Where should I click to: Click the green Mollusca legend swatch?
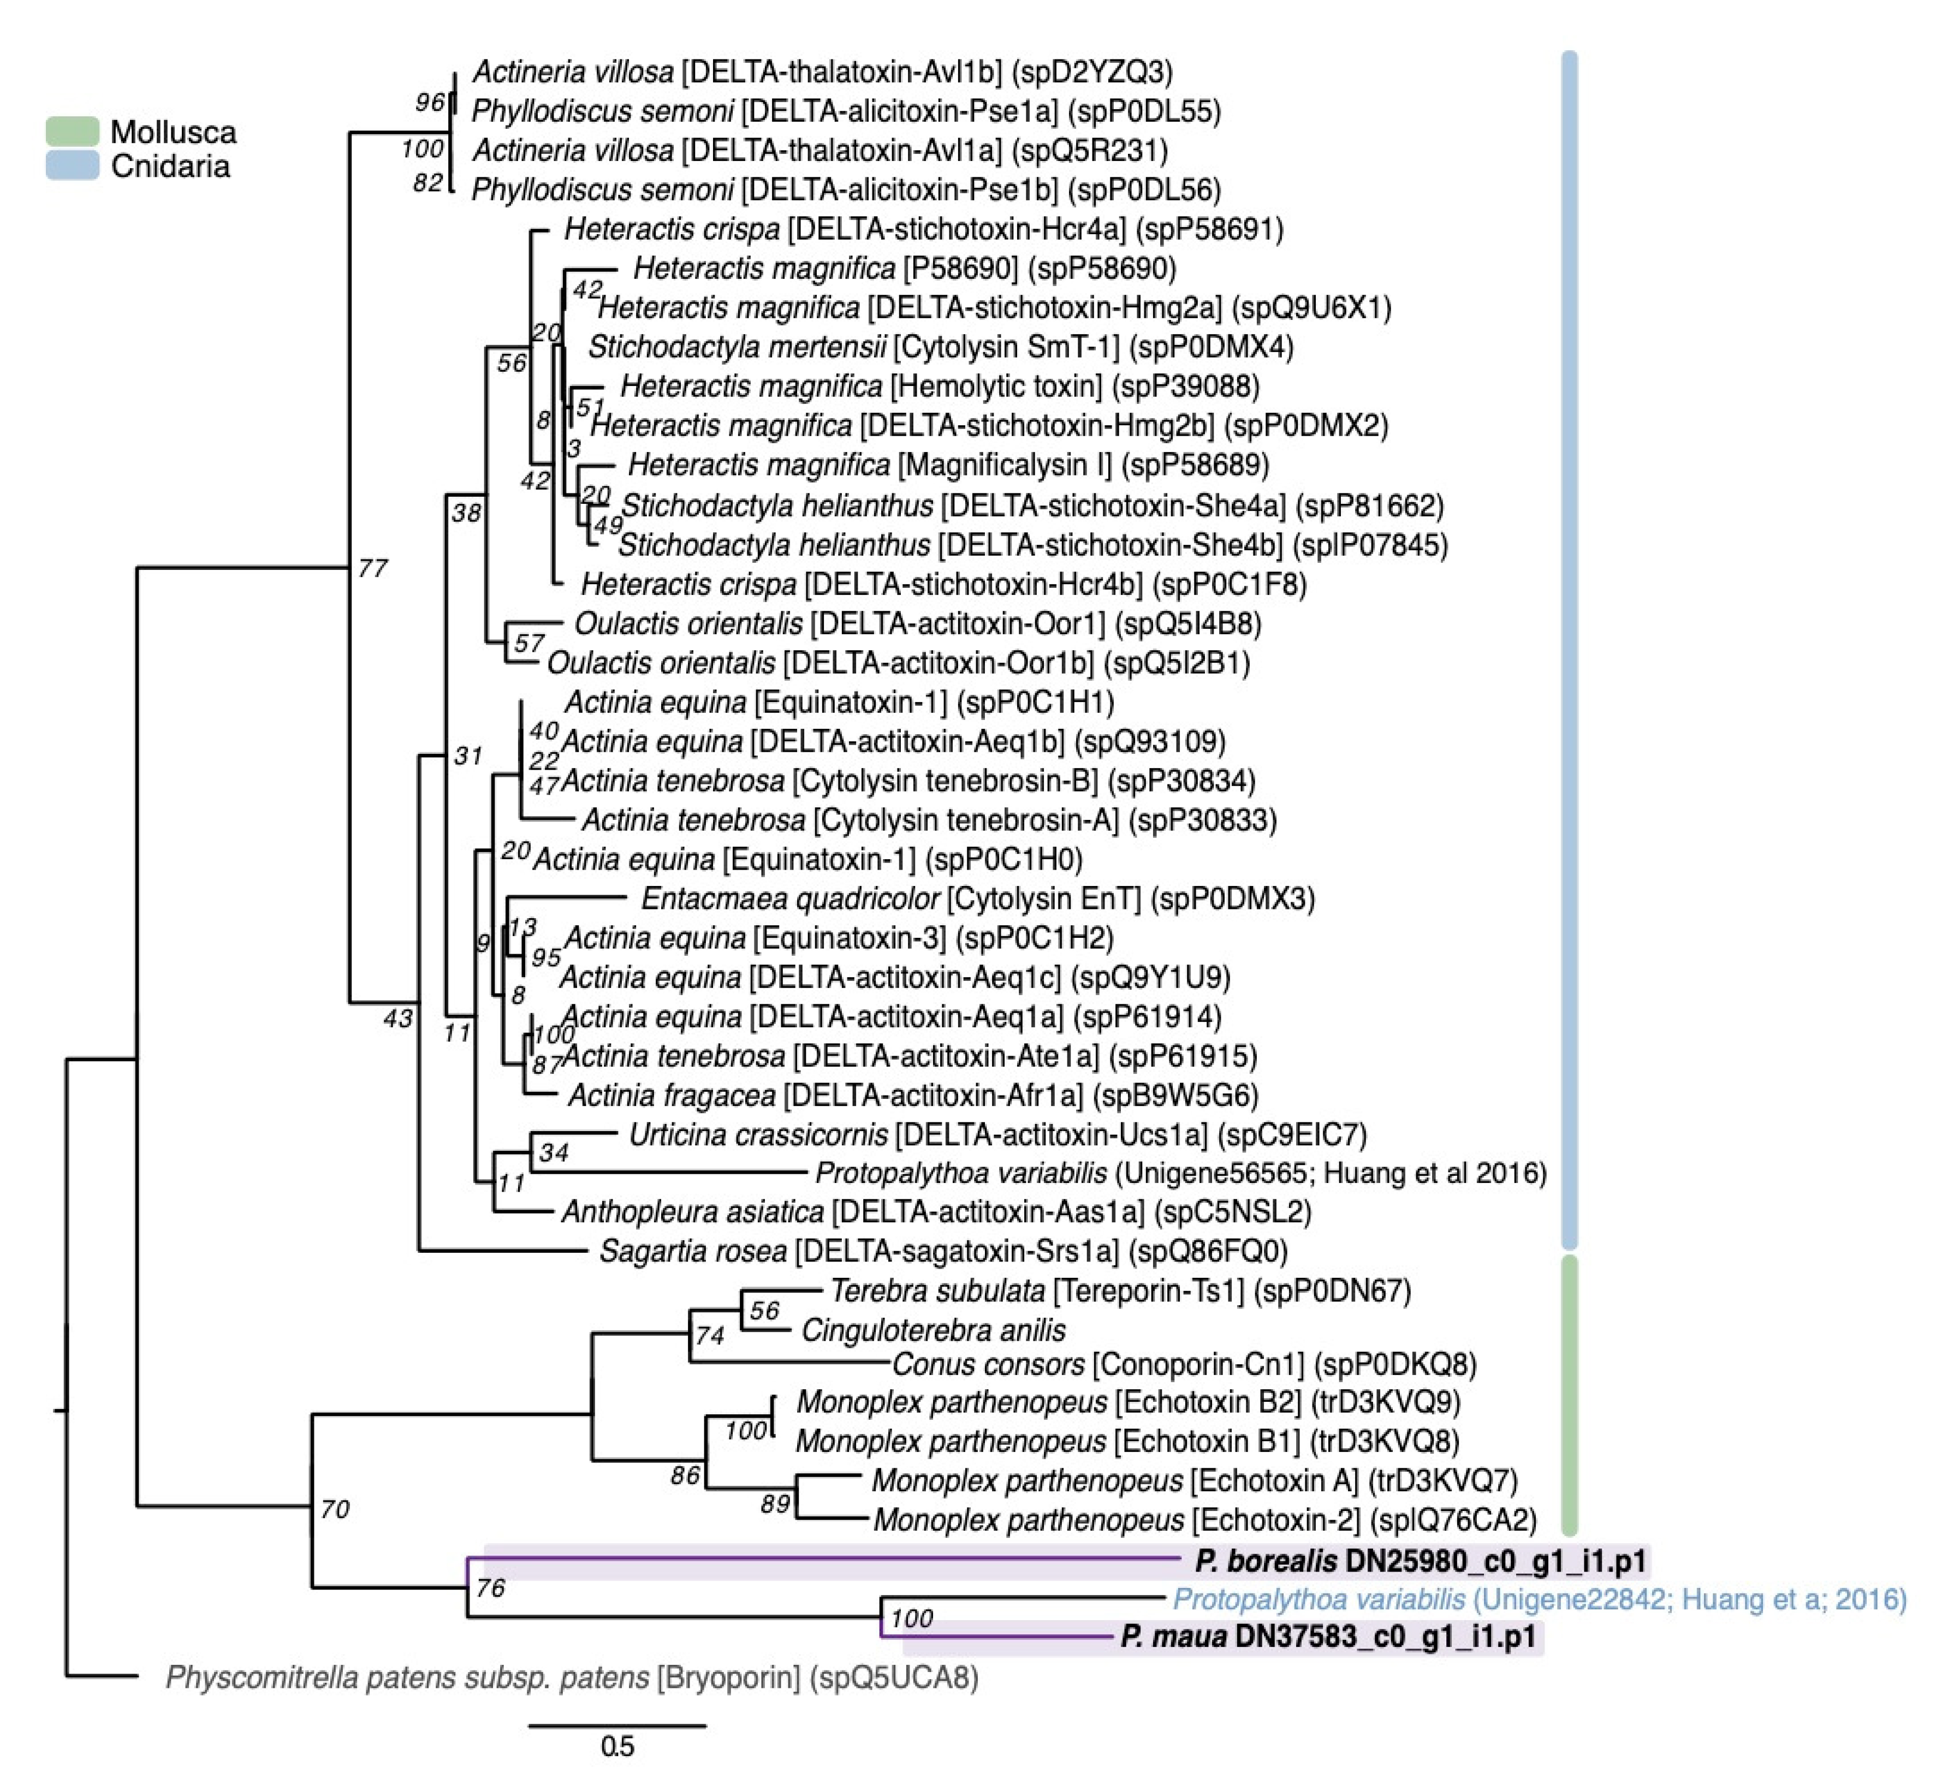pyautogui.click(x=72, y=131)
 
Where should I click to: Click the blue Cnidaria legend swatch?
pyautogui.click(x=72, y=165)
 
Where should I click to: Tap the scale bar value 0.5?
pyautogui.click(x=617, y=1745)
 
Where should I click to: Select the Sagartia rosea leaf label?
pyautogui.click(x=943, y=1251)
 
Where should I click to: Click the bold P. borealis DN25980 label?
pyautogui.click(x=1421, y=1560)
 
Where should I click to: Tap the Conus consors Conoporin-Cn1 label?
pyautogui.click(x=1184, y=1364)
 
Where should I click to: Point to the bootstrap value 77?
pyautogui.click(x=373, y=568)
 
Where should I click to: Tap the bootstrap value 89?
pyautogui.click(x=775, y=1503)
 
